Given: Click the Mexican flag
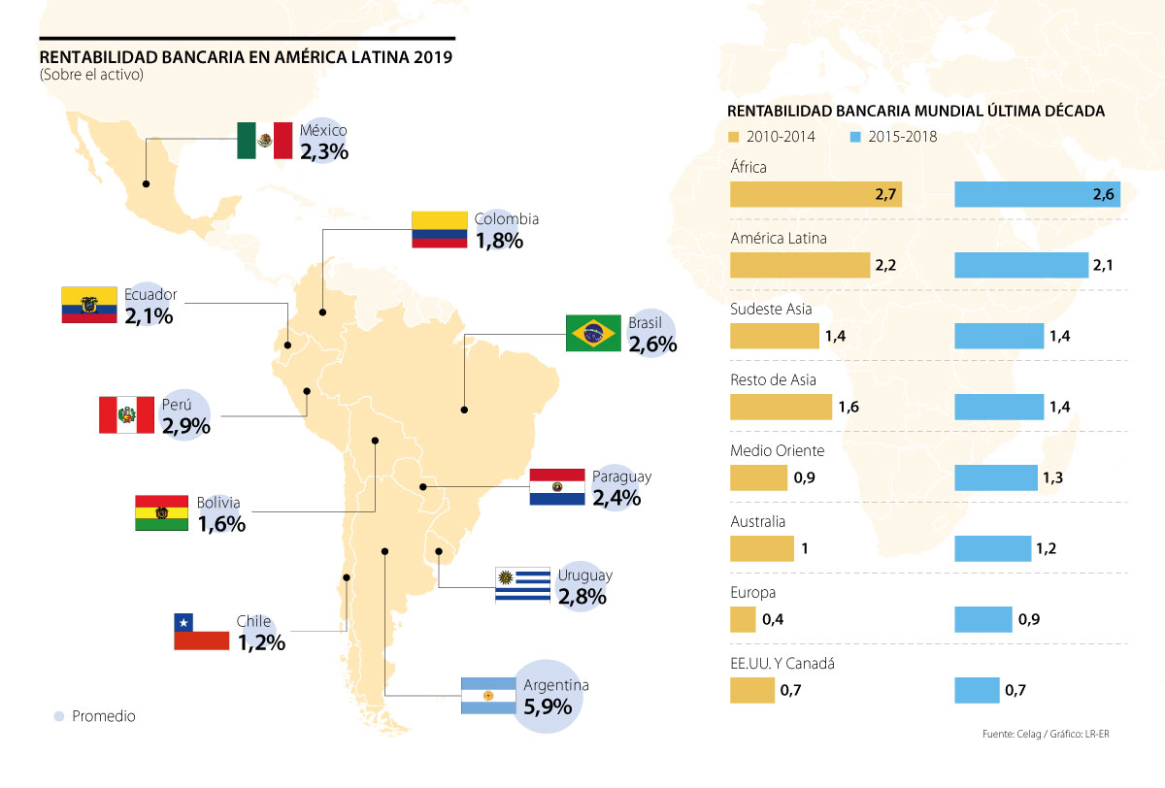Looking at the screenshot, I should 265,141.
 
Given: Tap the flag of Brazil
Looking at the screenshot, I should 593,333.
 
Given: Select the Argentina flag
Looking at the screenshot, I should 488,697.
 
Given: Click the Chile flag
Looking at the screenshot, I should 201,632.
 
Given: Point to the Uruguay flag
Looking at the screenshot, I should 522,585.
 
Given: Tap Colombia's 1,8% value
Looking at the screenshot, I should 499,241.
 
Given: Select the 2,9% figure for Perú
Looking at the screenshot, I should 186,426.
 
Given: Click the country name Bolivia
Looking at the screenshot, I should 218,503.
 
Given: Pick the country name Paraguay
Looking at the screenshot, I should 621,476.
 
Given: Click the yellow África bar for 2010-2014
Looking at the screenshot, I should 815,195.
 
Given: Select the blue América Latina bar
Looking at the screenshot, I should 1021,265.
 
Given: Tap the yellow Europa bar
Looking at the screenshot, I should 743,619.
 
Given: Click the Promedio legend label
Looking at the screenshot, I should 104,716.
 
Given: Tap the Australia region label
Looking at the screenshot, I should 757,521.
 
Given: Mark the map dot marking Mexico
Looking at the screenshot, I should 146,183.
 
